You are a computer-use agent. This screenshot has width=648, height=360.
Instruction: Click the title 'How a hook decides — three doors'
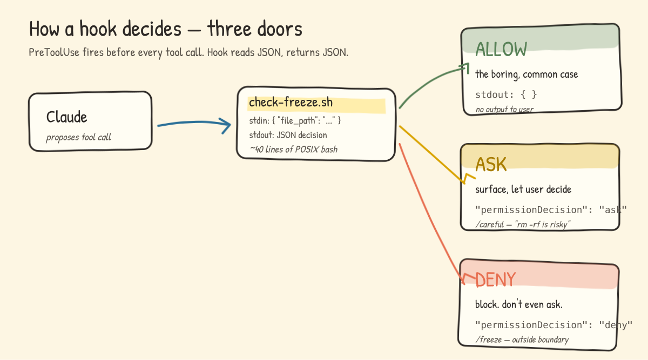coord(165,29)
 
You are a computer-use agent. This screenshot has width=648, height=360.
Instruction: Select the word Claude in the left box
coord(66,117)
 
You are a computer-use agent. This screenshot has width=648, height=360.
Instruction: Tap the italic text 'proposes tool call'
coord(78,137)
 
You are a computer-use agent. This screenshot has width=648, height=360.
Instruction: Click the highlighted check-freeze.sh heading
coord(291,103)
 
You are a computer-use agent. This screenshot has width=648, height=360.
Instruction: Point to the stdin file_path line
coord(295,120)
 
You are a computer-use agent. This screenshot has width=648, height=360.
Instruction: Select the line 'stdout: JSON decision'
coord(288,135)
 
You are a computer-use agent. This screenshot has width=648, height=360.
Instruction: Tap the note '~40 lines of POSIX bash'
coord(293,149)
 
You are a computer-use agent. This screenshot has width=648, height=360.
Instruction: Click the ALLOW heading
coord(501,49)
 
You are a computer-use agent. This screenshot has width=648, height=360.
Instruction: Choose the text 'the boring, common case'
coord(526,74)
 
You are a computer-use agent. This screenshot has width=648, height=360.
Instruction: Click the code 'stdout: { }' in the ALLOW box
coord(506,94)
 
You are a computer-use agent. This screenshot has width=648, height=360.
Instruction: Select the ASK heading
coord(491,164)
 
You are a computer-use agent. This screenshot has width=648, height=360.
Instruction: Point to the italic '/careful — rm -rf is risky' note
coord(523,224)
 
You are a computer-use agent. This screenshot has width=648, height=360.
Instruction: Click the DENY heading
coord(495,279)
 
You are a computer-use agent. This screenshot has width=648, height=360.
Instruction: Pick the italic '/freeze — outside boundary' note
coord(522,339)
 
